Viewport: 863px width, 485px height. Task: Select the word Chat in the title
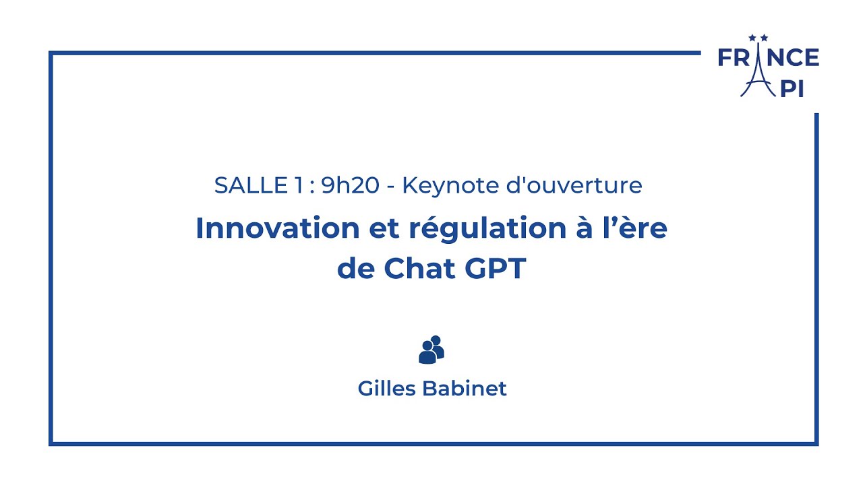[x=420, y=269]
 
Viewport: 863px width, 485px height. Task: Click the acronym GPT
[x=495, y=269]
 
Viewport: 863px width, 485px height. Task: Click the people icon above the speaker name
[x=431, y=350]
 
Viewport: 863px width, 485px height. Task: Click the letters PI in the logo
[x=792, y=88]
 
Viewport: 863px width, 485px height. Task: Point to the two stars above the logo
[x=758, y=38]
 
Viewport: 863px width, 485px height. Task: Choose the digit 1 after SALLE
[x=298, y=186]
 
